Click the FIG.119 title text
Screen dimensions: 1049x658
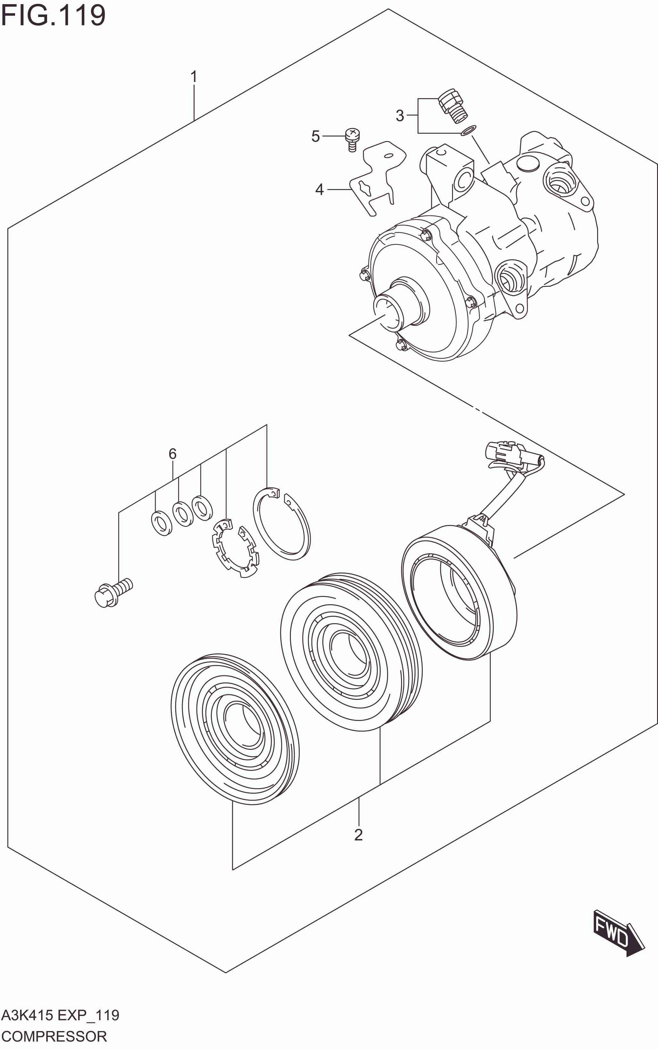pyautogui.click(x=53, y=16)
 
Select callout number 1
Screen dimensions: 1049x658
pyautogui.click(x=194, y=77)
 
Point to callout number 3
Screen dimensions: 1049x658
pyautogui.click(x=399, y=116)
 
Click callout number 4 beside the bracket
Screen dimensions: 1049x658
pyautogui.click(x=319, y=190)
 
